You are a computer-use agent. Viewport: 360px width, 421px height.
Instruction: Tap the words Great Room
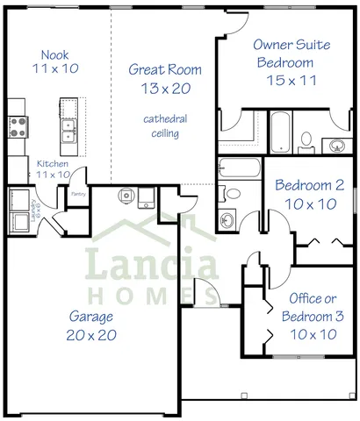165,69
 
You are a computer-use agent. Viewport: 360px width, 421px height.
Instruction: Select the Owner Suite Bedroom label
284,53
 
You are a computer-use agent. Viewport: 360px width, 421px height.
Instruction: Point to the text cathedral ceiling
165,126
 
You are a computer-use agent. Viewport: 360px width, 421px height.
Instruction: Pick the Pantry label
77,196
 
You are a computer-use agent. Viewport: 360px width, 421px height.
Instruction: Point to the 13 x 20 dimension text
165,88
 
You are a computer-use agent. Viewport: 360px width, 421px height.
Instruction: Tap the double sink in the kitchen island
68,131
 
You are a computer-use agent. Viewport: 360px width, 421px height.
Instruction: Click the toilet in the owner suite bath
306,139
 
